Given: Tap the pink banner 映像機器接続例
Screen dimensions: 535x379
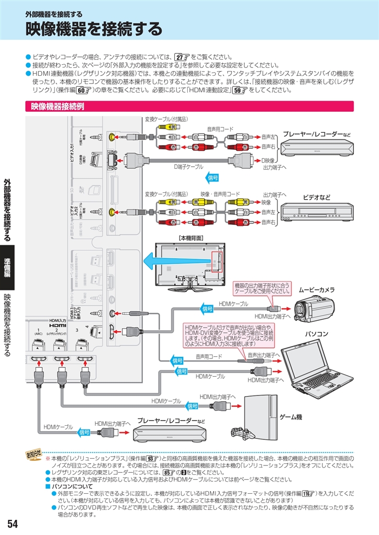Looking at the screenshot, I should click(58, 107).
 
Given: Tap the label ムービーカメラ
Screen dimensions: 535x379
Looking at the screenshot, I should click(316, 289).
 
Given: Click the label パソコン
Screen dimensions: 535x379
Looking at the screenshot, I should click(317, 333).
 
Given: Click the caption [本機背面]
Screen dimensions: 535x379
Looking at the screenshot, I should click(191, 238).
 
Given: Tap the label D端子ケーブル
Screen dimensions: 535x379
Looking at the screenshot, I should click(188, 167).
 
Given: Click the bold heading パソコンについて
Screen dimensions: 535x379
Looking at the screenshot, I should click(72, 486).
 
